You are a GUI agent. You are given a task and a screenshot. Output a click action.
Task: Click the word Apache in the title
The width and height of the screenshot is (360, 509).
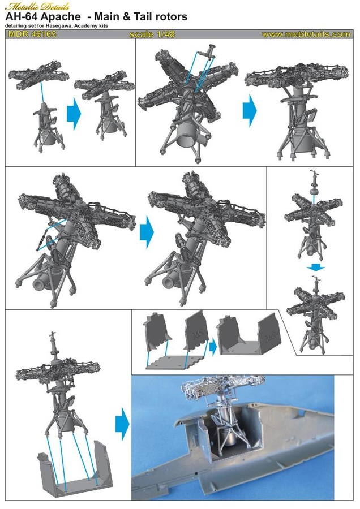(x=60, y=17)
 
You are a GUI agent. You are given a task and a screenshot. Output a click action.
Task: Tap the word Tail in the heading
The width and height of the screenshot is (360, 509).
(x=142, y=17)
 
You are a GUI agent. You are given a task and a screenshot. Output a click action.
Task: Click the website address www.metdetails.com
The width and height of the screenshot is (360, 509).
(x=306, y=34)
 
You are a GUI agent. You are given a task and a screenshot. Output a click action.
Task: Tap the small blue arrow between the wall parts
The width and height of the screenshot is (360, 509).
(x=212, y=346)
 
